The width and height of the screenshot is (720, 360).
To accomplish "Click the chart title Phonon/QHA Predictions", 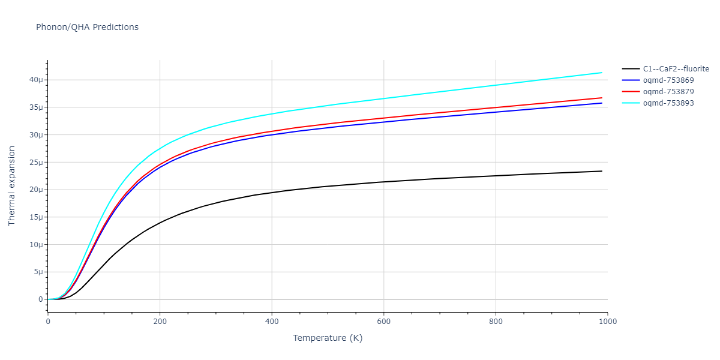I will (x=87, y=27).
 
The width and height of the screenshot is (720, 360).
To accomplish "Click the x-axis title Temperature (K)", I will (x=328, y=338).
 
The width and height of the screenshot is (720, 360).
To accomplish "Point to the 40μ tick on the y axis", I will (x=37, y=80).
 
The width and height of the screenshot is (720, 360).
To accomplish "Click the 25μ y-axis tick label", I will (x=37, y=163).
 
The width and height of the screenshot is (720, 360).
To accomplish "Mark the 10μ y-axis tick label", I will (x=37, y=245).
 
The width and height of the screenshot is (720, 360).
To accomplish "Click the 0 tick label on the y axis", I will (x=41, y=299).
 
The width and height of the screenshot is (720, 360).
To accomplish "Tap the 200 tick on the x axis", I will (x=160, y=321).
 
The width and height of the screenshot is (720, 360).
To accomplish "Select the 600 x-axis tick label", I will (x=384, y=321).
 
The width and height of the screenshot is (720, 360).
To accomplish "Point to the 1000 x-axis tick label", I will (x=607, y=321).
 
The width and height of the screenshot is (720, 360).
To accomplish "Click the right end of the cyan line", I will (x=602, y=73).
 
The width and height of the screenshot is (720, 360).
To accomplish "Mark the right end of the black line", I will (x=602, y=171).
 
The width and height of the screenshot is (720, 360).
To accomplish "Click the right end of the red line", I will (x=602, y=98).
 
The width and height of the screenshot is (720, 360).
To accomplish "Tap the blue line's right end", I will (x=602, y=103).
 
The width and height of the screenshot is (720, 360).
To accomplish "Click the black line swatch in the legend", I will (x=630, y=69).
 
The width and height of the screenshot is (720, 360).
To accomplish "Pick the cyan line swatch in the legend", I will (x=630, y=103).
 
